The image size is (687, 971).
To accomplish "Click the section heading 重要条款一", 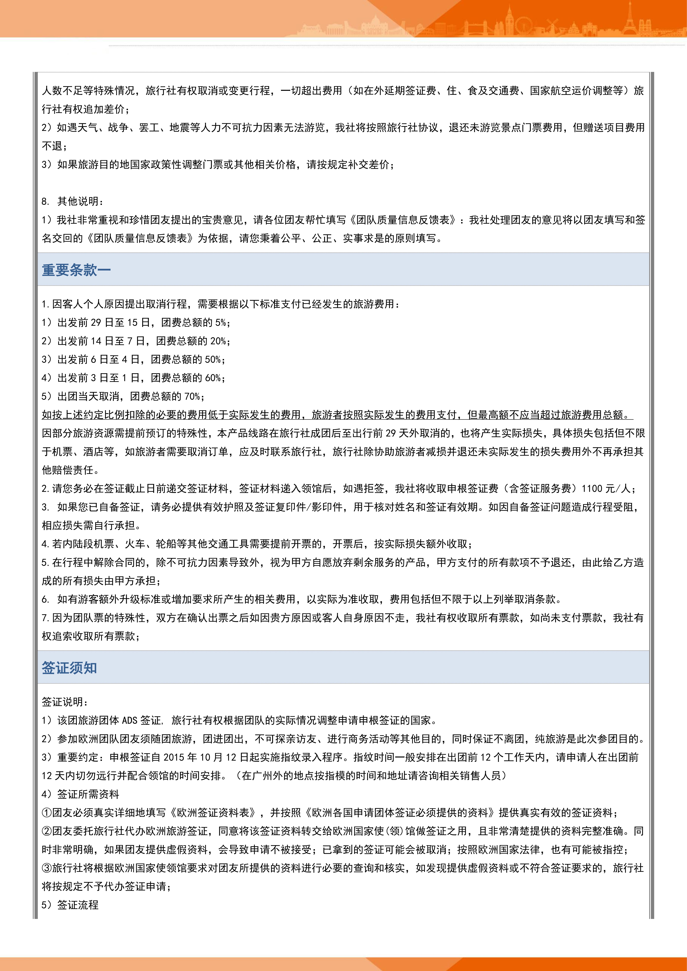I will [x=76, y=270].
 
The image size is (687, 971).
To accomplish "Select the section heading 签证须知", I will [x=69, y=668].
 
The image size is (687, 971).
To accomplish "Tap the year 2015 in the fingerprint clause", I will [x=174, y=757].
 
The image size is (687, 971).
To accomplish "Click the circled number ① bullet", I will [x=47, y=812].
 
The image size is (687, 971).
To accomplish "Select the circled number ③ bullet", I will [x=47, y=868].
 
